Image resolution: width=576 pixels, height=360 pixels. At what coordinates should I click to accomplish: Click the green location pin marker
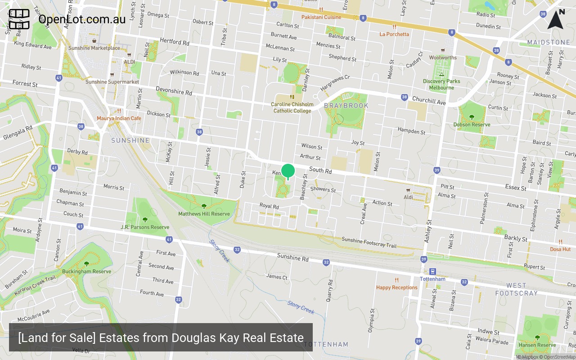pos(288,171)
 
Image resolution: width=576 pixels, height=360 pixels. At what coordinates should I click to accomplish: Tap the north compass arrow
pos(555,20)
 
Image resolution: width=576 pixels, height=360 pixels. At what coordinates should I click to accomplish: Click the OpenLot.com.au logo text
pos(82,19)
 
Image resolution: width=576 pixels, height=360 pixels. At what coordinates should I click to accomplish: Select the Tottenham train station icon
pos(432,271)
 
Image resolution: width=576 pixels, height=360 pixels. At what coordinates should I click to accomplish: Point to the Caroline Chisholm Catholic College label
pos(292,108)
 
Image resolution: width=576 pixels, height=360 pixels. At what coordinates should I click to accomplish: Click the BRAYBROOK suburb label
pos(346,106)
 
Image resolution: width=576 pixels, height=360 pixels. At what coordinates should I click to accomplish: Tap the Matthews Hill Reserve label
pos(204,214)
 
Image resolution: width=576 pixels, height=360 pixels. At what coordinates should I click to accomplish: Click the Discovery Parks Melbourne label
pos(441,84)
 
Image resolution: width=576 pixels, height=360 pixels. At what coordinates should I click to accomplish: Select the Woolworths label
pos(443,58)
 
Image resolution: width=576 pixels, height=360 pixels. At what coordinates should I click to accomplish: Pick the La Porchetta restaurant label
pos(394,34)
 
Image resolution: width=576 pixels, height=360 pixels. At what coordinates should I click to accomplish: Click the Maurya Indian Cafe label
pos(119,118)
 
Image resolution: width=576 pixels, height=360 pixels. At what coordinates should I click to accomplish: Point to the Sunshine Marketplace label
pos(94,48)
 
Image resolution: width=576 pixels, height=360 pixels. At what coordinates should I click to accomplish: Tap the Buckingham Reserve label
pos(86,271)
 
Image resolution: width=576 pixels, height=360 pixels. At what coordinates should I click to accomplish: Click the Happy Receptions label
pos(397,288)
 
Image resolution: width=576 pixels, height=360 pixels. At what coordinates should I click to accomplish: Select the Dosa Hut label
pos(560,249)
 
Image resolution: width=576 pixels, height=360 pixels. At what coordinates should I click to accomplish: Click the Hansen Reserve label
pos(537,345)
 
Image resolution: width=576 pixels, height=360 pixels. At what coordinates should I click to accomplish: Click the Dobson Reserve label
pos(472,124)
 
